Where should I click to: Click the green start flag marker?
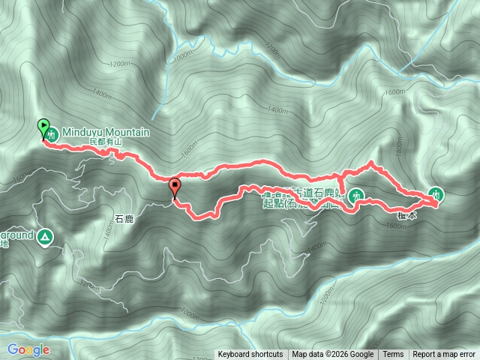[43, 127]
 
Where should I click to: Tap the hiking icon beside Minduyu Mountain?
[52, 135]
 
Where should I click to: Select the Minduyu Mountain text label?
[105, 132]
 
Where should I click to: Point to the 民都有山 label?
[104, 141]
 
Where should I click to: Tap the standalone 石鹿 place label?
[124, 220]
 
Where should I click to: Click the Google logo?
[28, 349]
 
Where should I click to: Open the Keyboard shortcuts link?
[250, 355]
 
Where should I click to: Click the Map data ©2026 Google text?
[333, 355]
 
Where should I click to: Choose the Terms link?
[393, 355]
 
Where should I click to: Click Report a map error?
[445, 355]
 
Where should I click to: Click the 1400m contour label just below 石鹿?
[109, 232]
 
